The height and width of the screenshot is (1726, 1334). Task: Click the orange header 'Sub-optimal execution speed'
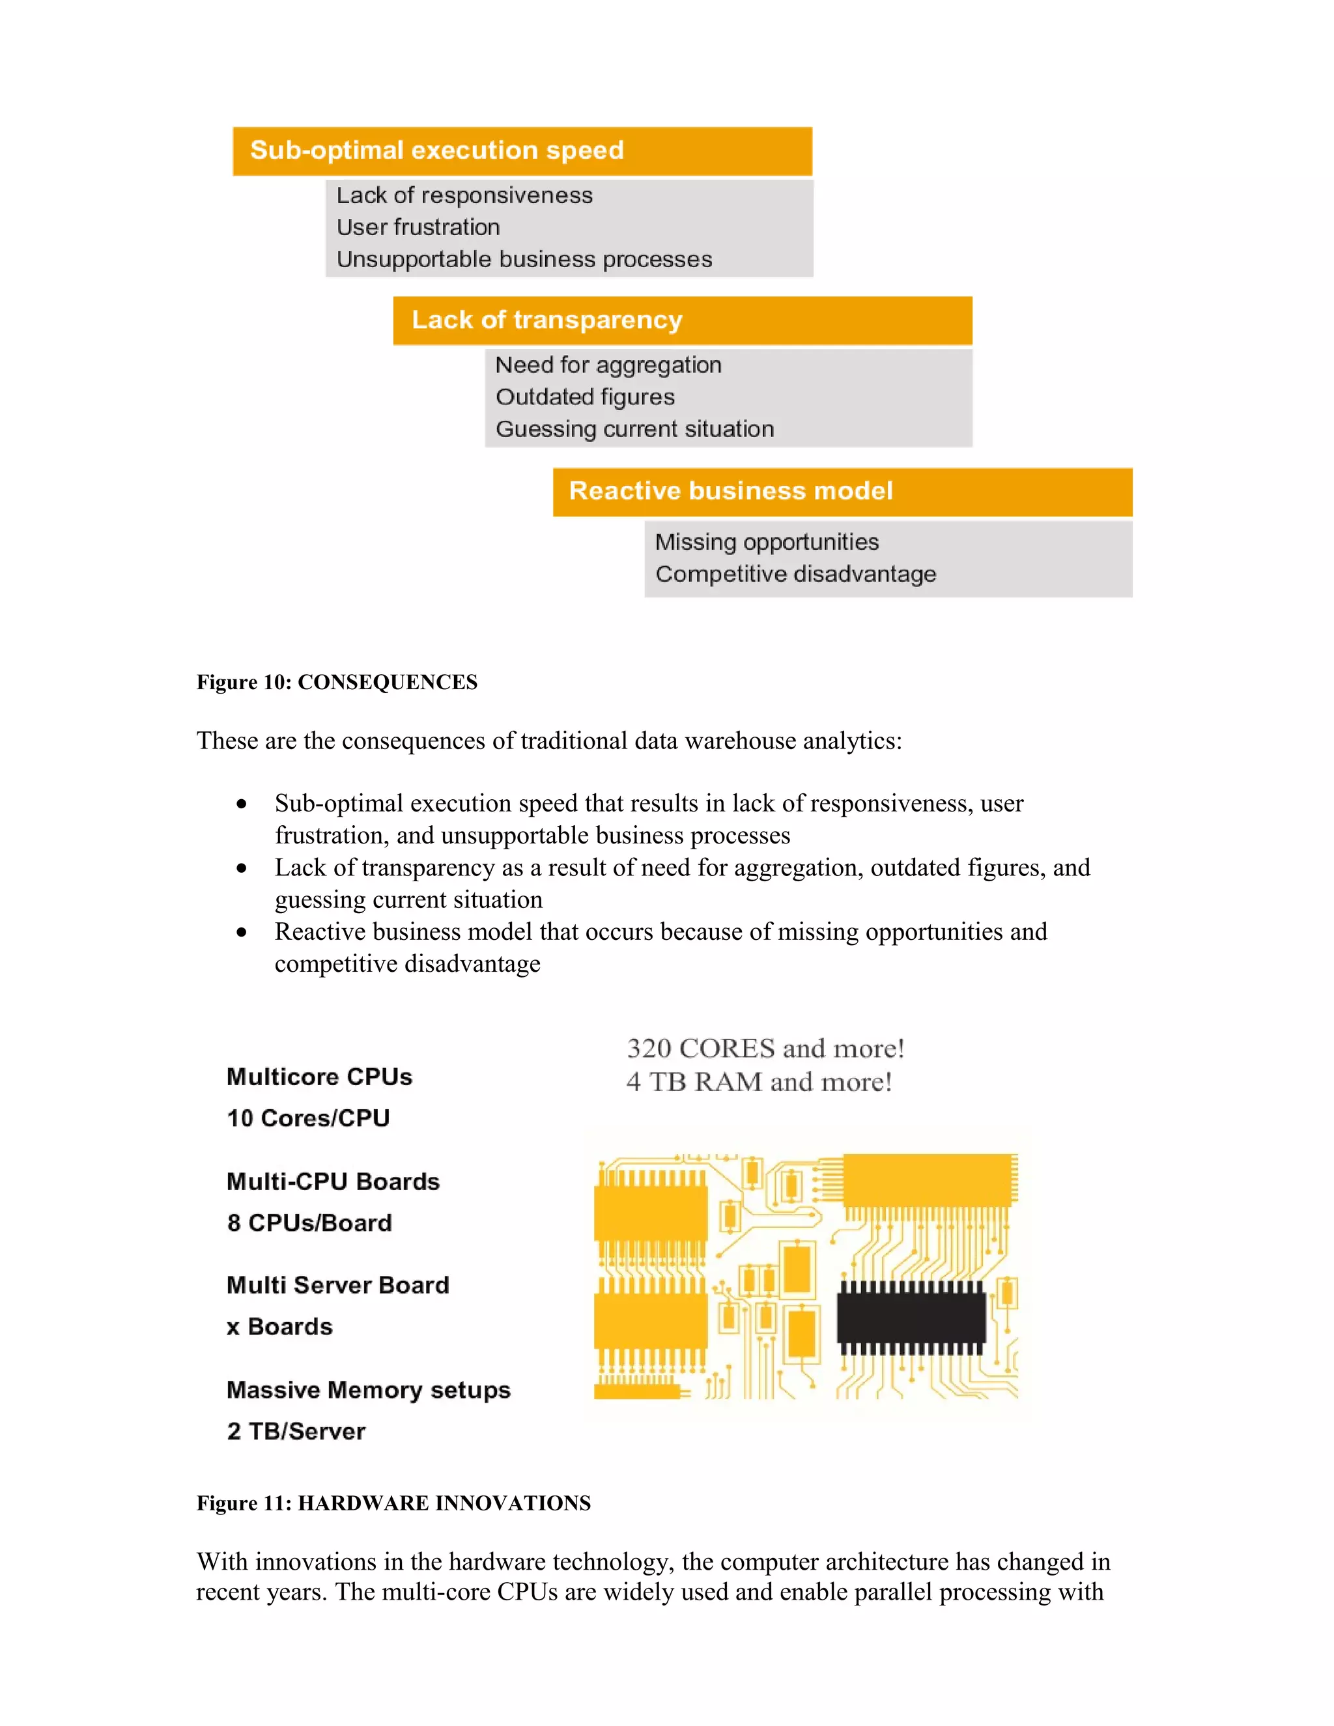(522, 151)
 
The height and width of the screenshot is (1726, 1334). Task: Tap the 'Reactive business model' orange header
(842, 492)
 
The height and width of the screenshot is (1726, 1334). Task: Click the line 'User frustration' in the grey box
(418, 227)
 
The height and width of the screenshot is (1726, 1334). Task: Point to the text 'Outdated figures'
(585, 397)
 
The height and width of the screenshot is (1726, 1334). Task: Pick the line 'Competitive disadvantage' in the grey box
(795, 574)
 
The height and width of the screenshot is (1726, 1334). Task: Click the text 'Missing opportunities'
(767, 542)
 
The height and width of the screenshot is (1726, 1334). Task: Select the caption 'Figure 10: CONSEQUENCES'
(337, 682)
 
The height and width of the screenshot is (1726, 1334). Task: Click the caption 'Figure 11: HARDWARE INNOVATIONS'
(393, 1503)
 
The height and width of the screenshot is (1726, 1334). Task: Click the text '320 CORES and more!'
(765, 1049)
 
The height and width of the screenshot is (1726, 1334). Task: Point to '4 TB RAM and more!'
(759, 1082)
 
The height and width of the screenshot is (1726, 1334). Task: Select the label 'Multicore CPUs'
(319, 1077)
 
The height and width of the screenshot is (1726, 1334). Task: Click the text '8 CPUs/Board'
(309, 1223)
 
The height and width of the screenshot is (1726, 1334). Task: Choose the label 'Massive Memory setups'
(368, 1390)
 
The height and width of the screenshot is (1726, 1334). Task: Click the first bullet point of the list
(242, 804)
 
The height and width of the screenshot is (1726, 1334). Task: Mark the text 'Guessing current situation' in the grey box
(634, 429)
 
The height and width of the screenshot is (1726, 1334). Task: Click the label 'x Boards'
(279, 1327)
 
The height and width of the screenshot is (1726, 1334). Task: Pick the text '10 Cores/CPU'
(308, 1118)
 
